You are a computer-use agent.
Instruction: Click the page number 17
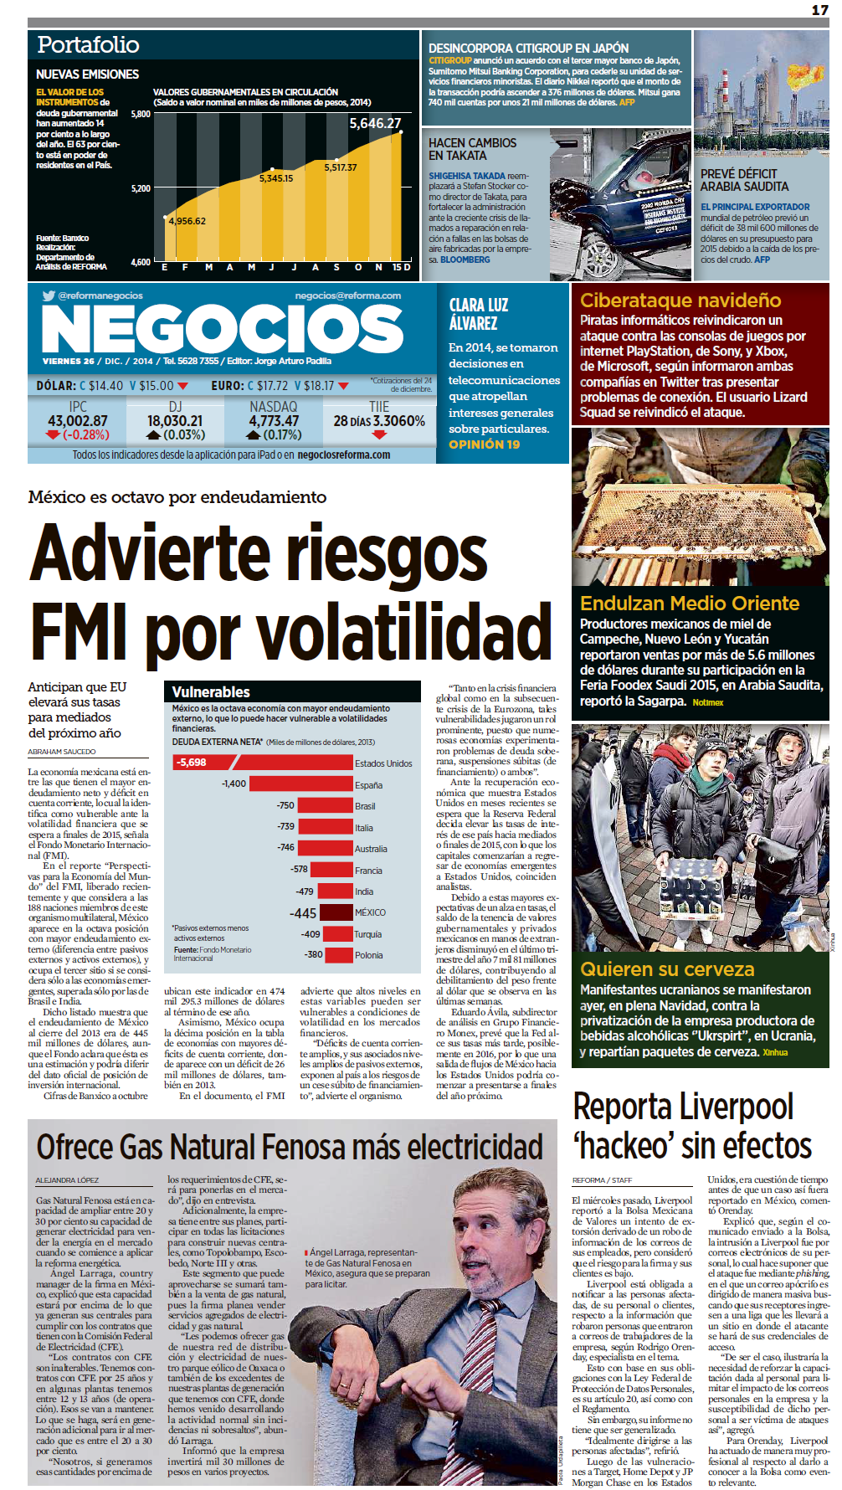819,9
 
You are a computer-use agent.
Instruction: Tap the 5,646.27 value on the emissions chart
375,123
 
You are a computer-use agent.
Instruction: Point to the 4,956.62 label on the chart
187,221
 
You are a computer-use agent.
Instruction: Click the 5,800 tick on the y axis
141,114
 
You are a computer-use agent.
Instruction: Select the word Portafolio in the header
88,45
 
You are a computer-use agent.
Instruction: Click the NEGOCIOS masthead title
223,328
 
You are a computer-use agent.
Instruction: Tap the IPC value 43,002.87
78,421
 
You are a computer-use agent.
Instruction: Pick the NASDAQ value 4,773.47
274,421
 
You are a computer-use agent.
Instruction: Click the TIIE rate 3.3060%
398,421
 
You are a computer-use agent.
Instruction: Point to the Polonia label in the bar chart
368,955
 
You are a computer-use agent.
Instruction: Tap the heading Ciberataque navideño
680,301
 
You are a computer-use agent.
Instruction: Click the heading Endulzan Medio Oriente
690,604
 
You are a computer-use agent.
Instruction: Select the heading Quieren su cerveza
667,969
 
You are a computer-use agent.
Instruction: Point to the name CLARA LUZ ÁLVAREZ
478,314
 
